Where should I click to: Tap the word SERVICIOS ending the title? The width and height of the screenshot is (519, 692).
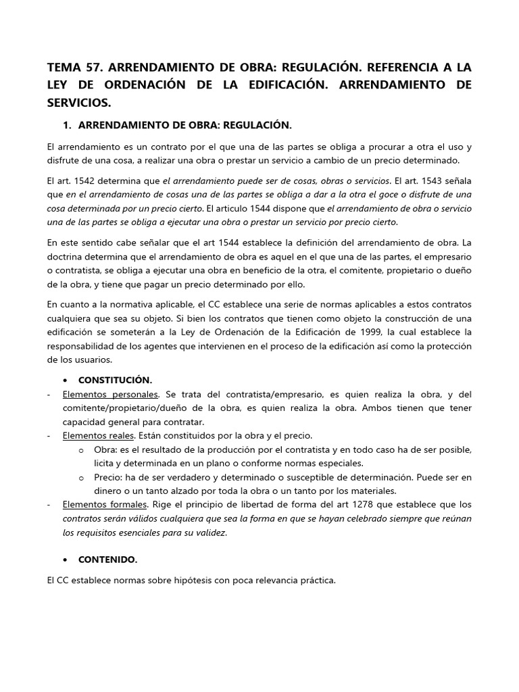(x=78, y=103)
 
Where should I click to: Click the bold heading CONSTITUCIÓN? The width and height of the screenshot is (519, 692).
(x=115, y=380)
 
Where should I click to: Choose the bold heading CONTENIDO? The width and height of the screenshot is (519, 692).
(x=107, y=560)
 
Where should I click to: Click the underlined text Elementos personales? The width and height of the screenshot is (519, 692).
(x=110, y=394)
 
